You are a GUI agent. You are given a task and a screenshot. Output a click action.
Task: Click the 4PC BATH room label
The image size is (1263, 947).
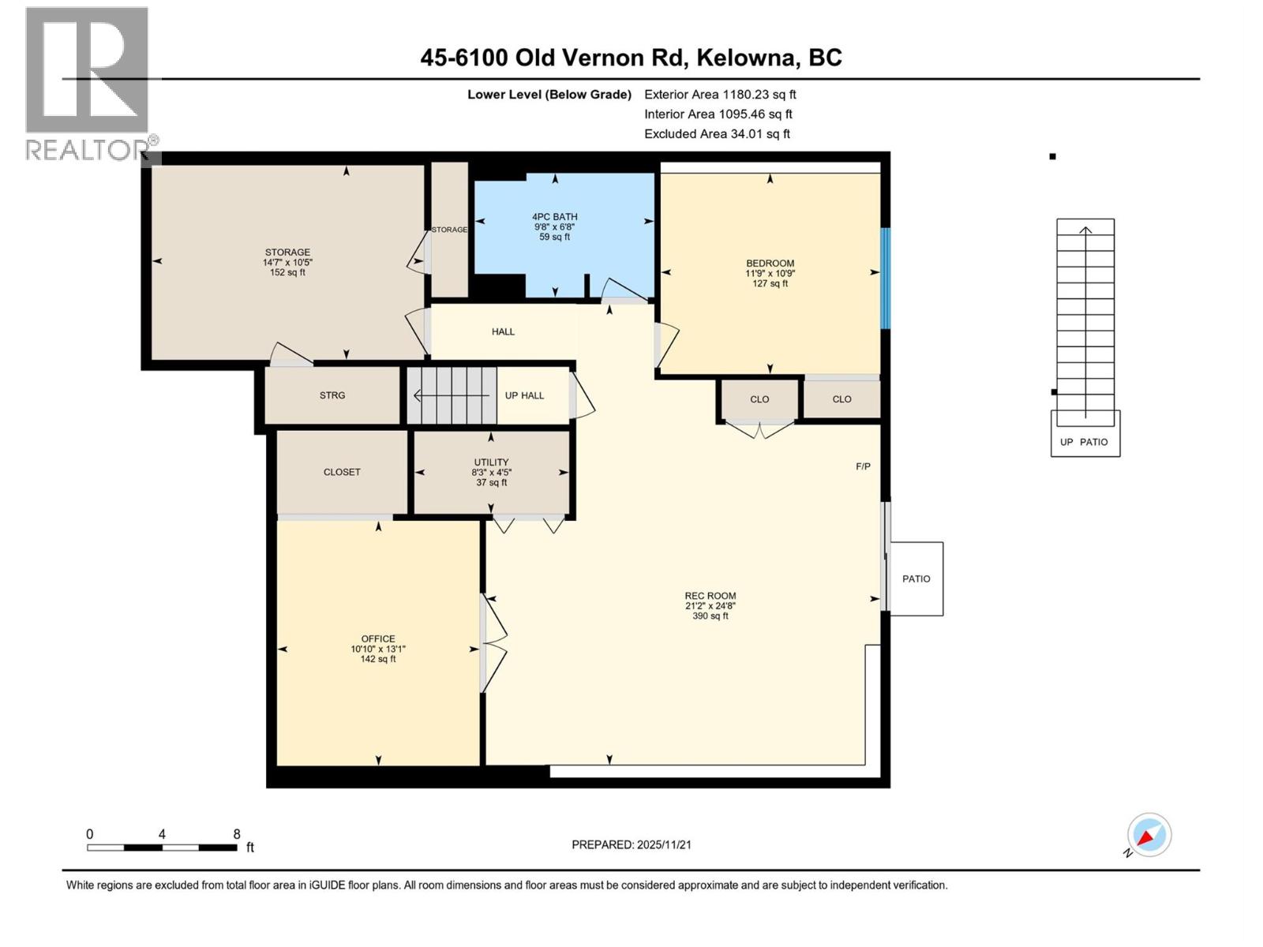click(x=554, y=226)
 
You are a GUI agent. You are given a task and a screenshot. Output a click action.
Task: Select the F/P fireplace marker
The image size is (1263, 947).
click(x=863, y=466)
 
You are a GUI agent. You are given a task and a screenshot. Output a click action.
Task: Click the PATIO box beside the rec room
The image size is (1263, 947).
click(x=916, y=578)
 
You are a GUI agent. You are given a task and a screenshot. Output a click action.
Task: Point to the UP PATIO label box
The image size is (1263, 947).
click(x=1085, y=441)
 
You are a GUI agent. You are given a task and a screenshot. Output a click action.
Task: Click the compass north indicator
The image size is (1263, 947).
click(x=1149, y=835)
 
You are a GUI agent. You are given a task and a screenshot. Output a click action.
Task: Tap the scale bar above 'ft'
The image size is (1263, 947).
click(x=162, y=848)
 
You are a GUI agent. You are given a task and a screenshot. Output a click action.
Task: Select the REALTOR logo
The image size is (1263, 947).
click(x=88, y=83)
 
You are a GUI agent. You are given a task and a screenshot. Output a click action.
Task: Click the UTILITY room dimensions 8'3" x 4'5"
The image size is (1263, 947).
click(x=491, y=473)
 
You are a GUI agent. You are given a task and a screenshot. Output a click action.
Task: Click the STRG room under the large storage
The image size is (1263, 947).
click(x=332, y=395)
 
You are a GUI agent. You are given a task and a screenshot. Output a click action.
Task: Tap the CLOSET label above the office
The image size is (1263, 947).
click(x=342, y=472)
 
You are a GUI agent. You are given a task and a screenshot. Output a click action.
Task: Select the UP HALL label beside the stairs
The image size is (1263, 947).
click(x=524, y=395)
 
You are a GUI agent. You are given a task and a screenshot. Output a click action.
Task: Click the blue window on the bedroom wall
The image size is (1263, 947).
click(x=885, y=278)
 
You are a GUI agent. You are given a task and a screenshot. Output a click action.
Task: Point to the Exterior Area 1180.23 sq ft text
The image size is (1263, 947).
click(x=719, y=95)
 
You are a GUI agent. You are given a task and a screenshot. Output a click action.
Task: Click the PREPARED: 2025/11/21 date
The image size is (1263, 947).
click(x=631, y=844)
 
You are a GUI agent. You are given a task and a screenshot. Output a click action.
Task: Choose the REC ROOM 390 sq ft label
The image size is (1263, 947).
click(x=710, y=606)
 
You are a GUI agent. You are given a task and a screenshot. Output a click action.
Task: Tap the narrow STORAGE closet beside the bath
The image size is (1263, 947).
click(x=449, y=229)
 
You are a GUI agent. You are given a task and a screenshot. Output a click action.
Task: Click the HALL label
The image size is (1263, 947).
click(x=503, y=331)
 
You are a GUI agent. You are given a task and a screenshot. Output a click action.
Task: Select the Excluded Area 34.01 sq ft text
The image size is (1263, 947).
click(x=716, y=134)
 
